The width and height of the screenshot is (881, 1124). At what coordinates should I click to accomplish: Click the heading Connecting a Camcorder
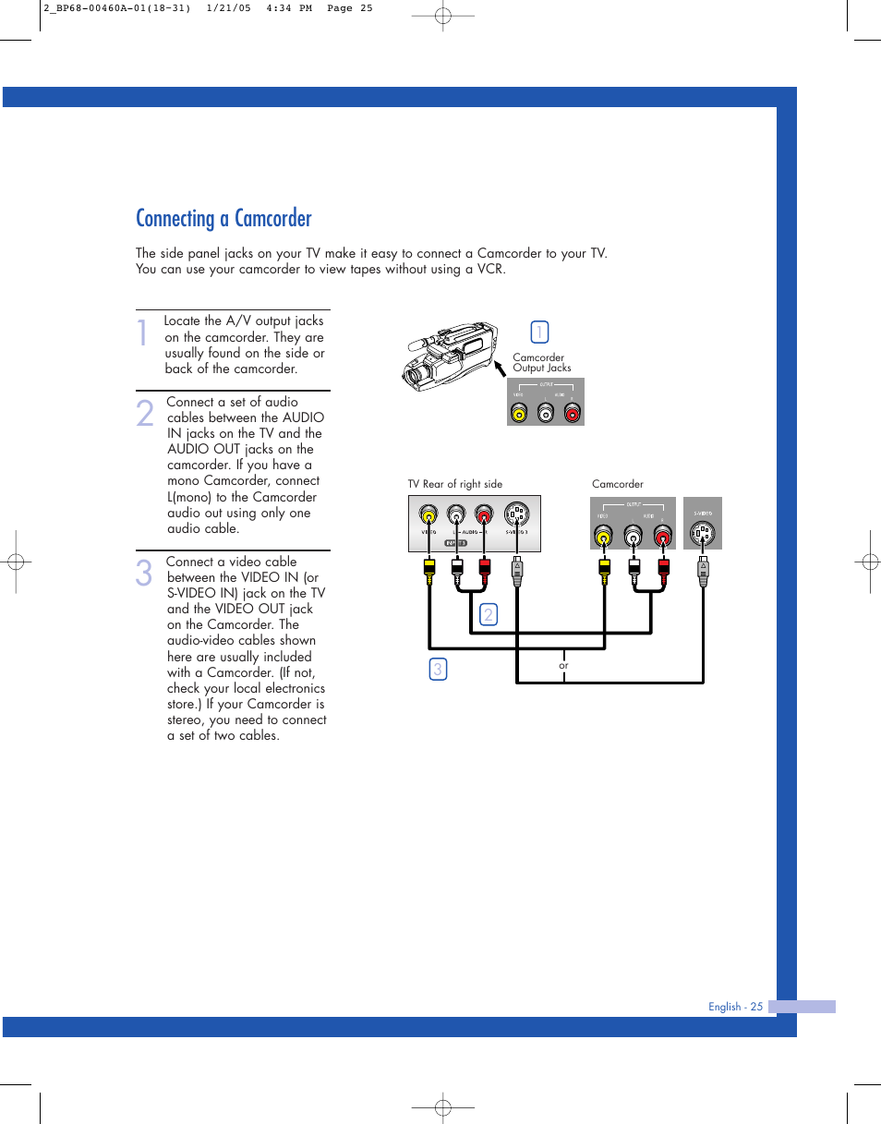click(223, 219)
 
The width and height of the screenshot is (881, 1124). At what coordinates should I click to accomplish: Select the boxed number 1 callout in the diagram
click(540, 332)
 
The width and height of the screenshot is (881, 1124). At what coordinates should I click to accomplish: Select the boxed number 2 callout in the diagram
click(489, 614)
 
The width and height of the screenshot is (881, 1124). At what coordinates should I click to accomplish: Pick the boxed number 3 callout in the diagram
click(438, 670)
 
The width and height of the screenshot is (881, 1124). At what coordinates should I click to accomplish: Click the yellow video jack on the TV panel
click(428, 514)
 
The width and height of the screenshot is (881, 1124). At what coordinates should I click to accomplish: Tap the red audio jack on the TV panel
click(484, 514)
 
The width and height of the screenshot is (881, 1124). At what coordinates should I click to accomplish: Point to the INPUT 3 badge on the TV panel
click(455, 544)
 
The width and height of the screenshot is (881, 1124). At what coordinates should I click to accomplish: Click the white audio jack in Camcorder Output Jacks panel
click(546, 413)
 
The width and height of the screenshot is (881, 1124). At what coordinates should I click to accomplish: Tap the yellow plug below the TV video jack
click(428, 567)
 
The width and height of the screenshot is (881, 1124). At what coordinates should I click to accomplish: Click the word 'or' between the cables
click(563, 665)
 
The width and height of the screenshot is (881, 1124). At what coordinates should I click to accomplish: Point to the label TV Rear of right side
click(455, 484)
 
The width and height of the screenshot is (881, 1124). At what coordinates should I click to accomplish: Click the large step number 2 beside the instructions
click(144, 414)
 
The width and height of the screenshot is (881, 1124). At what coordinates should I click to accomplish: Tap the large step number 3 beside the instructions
click(144, 574)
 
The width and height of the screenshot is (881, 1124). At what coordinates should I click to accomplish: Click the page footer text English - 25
click(735, 1007)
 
